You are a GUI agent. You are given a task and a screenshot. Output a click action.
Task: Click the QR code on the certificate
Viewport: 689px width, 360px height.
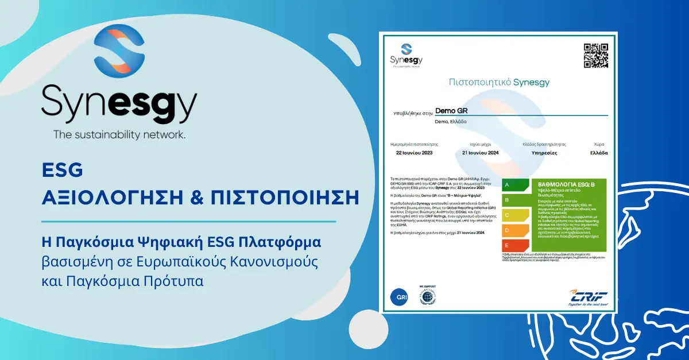(595, 56)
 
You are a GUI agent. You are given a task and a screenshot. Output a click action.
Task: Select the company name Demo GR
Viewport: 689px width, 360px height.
(450, 110)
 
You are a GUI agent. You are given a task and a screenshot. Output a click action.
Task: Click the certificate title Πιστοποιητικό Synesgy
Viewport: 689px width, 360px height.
(498, 82)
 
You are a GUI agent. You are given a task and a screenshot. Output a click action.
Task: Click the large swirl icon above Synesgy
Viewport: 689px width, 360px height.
(115, 55)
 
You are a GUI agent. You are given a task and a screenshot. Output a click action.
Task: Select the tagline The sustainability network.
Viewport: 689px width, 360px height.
(119, 135)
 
